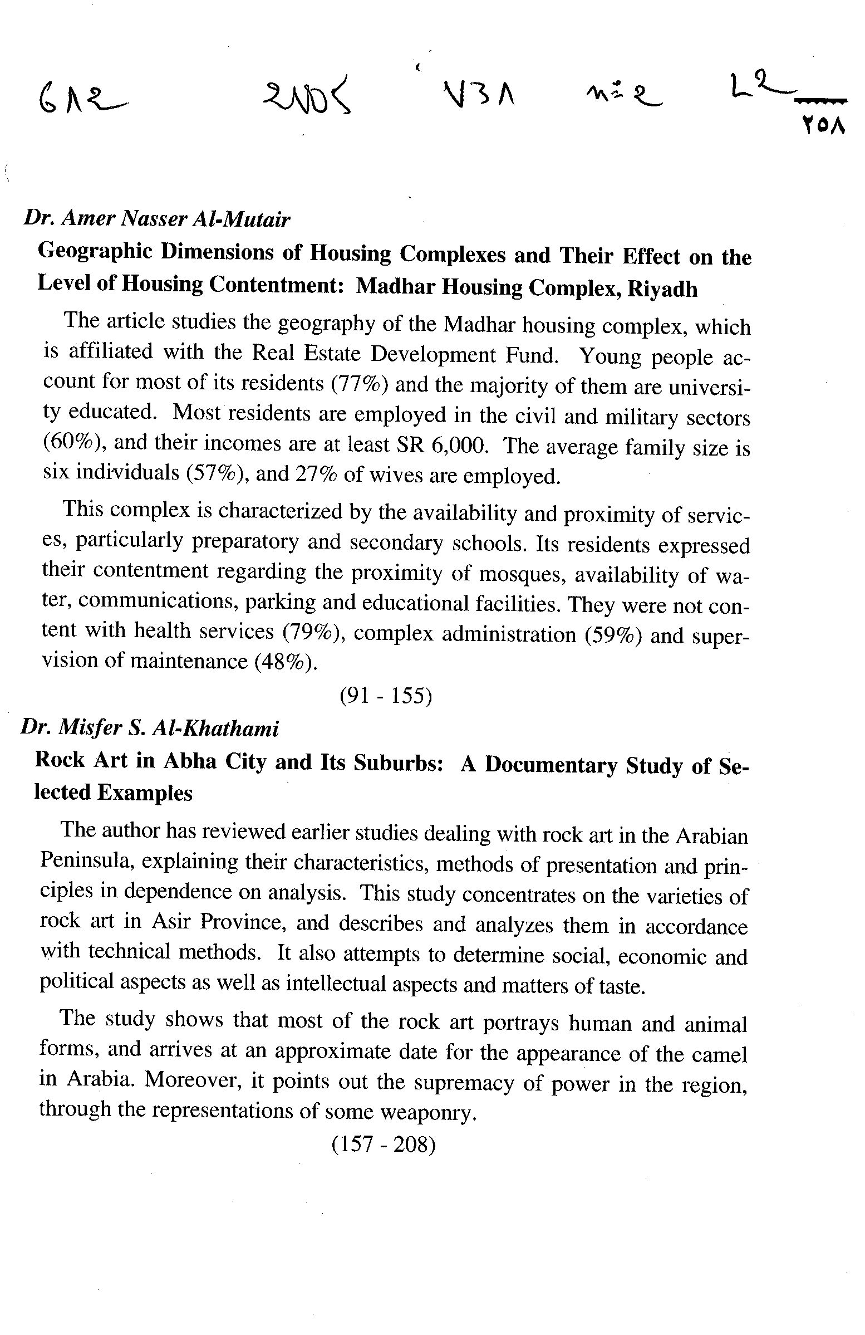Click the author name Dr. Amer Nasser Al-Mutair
156,219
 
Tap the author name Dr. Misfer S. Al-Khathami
150,728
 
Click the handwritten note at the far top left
82,101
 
